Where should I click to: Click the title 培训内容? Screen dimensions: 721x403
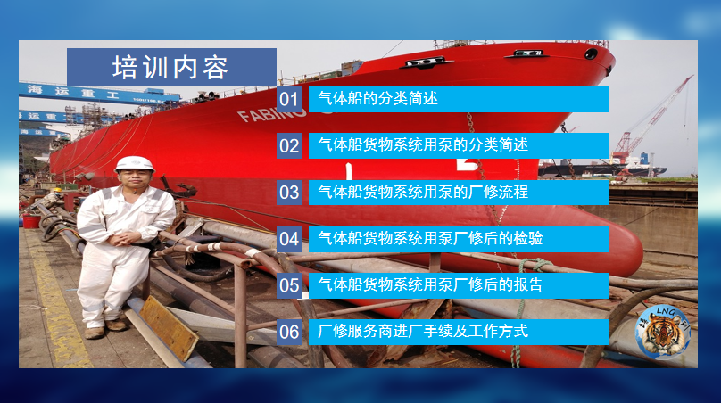pyautogui.click(x=170, y=68)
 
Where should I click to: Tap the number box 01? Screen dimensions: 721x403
pyautogui.click(x=289, y=99)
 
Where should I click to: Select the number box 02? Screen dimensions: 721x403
pyautogui.click(x=289, y=145)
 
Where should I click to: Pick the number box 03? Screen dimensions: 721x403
pyautogui.click(x=289, y=192)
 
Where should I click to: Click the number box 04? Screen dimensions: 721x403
pyautogui.click(x=289, y=239)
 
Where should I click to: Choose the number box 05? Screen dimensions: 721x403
pyautogui.click(x=289, y=285)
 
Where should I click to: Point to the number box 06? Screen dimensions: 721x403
pyautogui.click(x=289, y=332)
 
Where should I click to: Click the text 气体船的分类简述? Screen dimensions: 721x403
pyautogui.click(x=378, y=98)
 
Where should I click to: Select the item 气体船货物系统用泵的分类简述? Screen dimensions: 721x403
pyautogui.click(x=423, y=145)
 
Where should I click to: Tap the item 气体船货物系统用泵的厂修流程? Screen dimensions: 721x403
pyautogui.click(x=423, y=192)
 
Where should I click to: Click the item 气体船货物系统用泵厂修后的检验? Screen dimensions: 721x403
pyautogui.click(x=430, y=238)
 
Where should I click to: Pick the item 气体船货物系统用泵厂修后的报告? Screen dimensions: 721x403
pyautogui.click(x=430, y=285)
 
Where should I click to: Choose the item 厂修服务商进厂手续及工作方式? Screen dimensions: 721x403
pyautogui.click(x=423, y=332)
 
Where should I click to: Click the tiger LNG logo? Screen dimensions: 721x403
pyautogui.click(x=663, y=332)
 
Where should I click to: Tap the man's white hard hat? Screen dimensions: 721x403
pyautogui.click(x=134, y=164)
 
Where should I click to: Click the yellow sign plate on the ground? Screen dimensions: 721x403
pyautogui.click(x=169, y=327)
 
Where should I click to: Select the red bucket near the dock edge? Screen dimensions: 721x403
pyautogui.click(x=31, y=221)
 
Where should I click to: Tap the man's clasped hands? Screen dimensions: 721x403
pyautogui.click(x=123, y=238)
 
